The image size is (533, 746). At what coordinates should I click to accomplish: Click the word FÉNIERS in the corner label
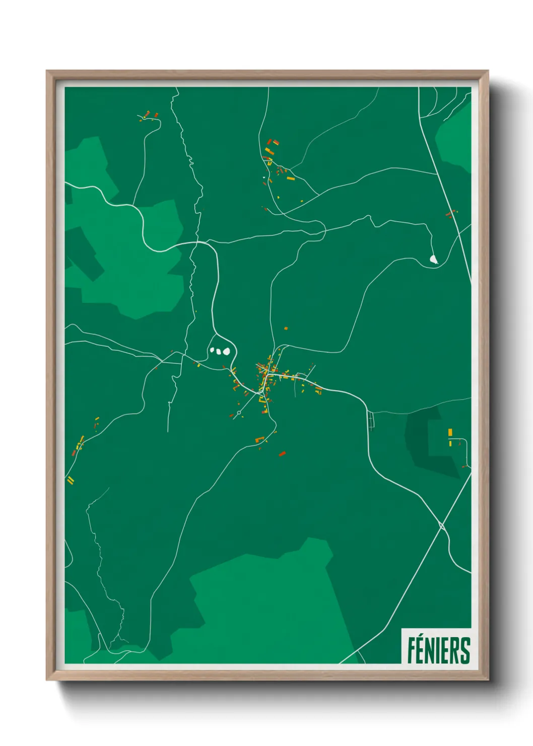tap(438, 650)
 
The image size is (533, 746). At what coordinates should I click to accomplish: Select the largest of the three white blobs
tap(227, 351)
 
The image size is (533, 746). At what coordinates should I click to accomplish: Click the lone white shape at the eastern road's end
tap(433, 259)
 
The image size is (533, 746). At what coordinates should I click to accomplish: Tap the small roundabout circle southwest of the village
tap(238, 412)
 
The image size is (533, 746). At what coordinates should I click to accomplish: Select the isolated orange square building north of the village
tap(286, 328)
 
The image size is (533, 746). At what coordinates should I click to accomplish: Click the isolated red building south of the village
tap(282, 454)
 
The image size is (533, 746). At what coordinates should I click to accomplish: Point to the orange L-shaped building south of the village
tap(260, 440)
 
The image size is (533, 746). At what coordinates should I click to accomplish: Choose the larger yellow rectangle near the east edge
tap(450, 432)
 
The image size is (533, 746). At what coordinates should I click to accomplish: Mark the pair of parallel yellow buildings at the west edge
tap(71, 480)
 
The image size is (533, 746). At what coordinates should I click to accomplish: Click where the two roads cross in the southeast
tap(442, 526)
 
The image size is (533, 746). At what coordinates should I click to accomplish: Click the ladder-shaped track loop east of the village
tap(372, 420)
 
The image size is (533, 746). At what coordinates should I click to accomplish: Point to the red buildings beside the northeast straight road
tap(450, 214)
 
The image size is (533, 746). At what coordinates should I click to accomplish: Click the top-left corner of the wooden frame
tap(47, 71)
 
